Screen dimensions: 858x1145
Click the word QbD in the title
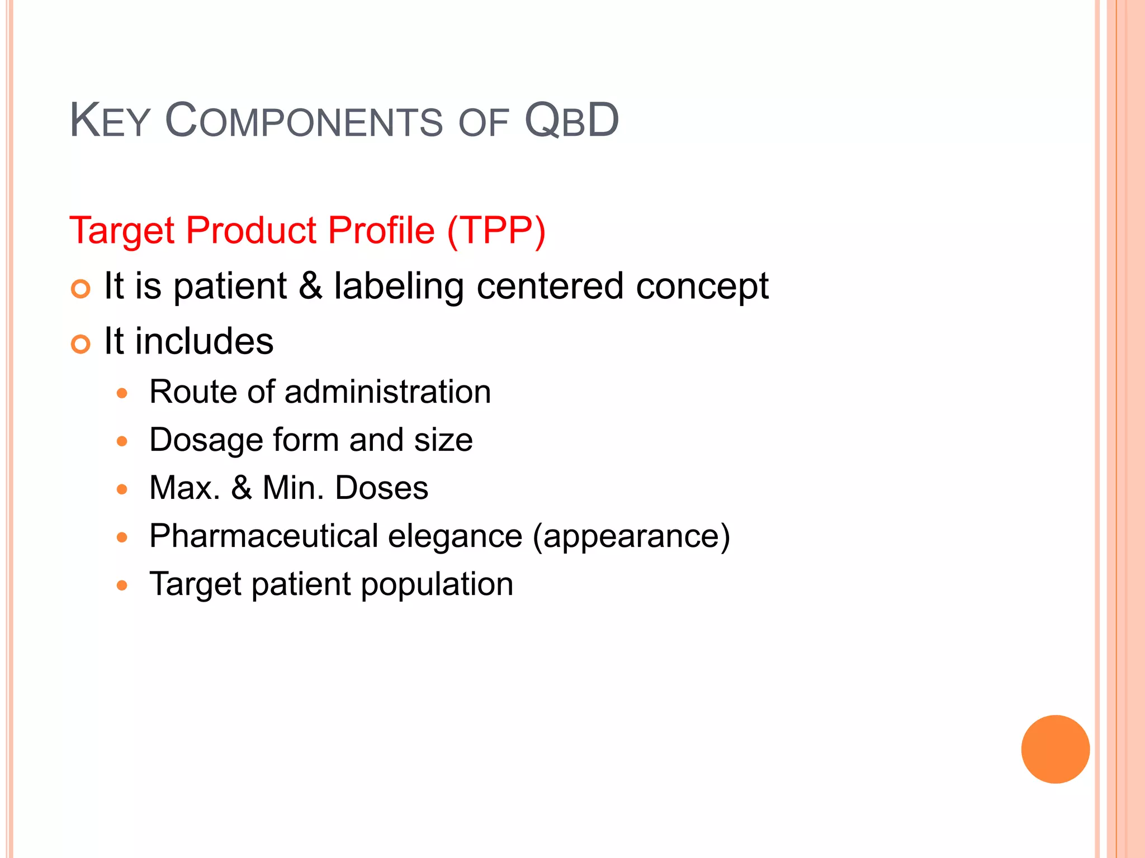pyautogui.click(x=571, y=121)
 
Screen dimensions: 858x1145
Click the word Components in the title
pyautogui.click(x=304, y=121)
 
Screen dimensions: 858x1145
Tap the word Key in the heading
pyautogui.click(x=110, y=121)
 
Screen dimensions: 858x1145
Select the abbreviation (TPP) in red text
pyautogui.click(x=496, y=231)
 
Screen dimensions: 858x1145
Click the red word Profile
pyautogui.click(x=381, y=231)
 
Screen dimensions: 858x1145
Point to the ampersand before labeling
pyautogui.click(x=310, y=286)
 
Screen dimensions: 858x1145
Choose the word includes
pyautogui.click(x=204, y=341)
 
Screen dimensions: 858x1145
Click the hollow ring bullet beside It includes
pyautogui.click(x=81, y=344)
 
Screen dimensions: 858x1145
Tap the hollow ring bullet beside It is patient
pyautogui.click(x=81, y=289)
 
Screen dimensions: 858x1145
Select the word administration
pyautogui.click(x=387, y=392)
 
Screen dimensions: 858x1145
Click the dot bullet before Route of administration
pyautogui.click(x=122, y=393)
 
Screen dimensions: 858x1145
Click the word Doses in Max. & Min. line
pyautogui.click(x=381, y=488)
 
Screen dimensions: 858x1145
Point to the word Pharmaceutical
pyautogui.click(x=264, y=536)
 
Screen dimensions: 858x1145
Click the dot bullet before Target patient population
pyautogui.click(x=122, y=586)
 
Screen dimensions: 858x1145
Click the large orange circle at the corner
pyautogui.click(x=1055, y=749)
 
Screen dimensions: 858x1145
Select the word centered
pyautogui.click(x=550, y=286)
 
